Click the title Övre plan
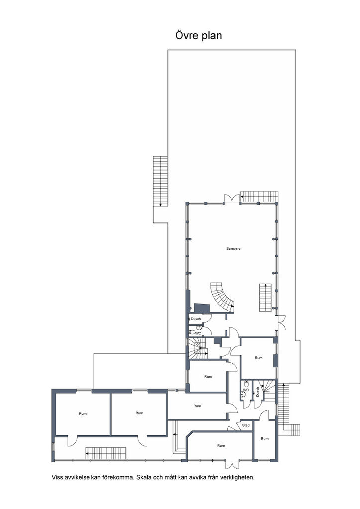[198, 35]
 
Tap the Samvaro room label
[233, 249]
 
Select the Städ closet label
[246, 425]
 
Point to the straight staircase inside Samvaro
[265, 297]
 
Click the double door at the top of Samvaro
[232, 198]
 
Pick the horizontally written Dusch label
[196, 319]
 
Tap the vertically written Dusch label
[258, 392]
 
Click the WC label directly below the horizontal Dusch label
[198, 333]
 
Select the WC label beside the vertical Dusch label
[246, 390]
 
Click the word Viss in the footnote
[57, 478]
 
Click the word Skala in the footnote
[143, 478]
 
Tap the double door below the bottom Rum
[232, 464]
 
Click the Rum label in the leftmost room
[83, 413]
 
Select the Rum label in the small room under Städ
[265, 438]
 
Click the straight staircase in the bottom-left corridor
[105, 453]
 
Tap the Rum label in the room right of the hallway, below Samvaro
[259, 358]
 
